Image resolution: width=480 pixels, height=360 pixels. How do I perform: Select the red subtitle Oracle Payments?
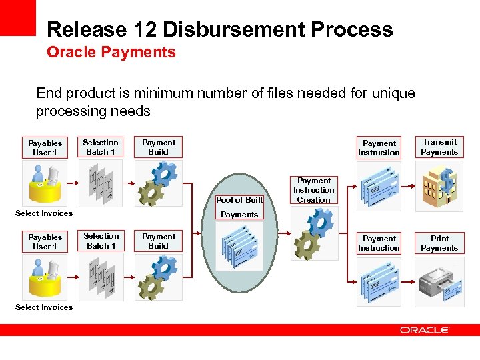[111, 52]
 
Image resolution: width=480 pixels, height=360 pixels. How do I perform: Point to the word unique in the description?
[392, 93]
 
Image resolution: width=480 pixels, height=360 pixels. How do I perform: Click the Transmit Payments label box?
[439, 147]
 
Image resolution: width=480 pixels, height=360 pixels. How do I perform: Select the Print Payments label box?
[439, 243]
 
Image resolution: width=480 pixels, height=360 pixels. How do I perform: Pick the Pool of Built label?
[239, 200]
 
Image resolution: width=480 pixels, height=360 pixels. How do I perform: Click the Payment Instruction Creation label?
[314, 190]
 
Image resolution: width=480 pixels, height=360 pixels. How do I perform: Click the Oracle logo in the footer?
[425, 330]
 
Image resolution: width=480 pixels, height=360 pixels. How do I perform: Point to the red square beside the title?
[17, 17]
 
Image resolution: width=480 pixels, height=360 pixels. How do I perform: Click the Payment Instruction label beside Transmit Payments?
[379, 148]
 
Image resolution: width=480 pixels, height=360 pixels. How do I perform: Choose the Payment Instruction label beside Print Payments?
[379, 243]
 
